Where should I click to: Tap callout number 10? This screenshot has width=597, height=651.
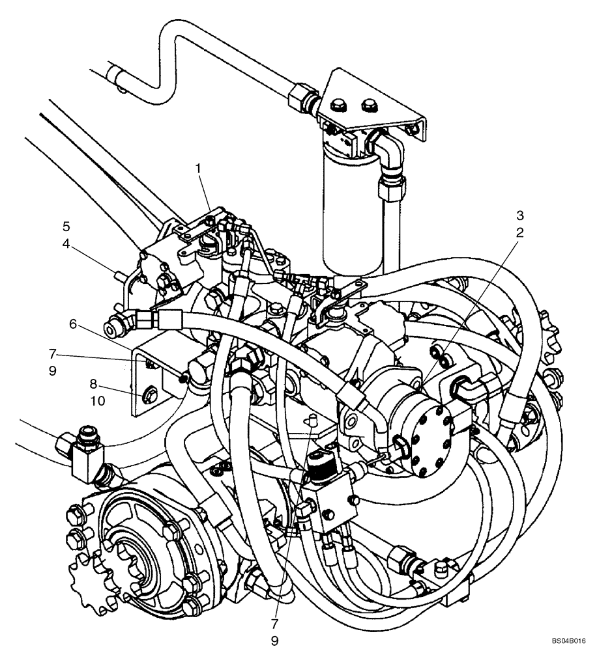(x=98, y=402)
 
